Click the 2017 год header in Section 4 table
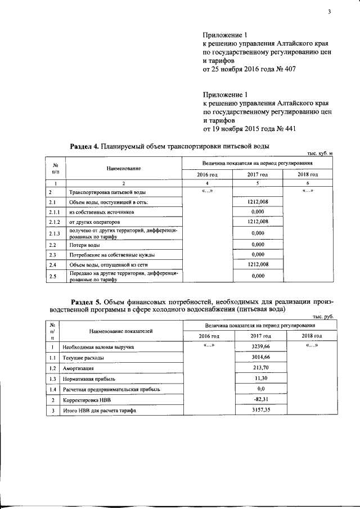257,174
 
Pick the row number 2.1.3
55,233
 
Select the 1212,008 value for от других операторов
257,222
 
